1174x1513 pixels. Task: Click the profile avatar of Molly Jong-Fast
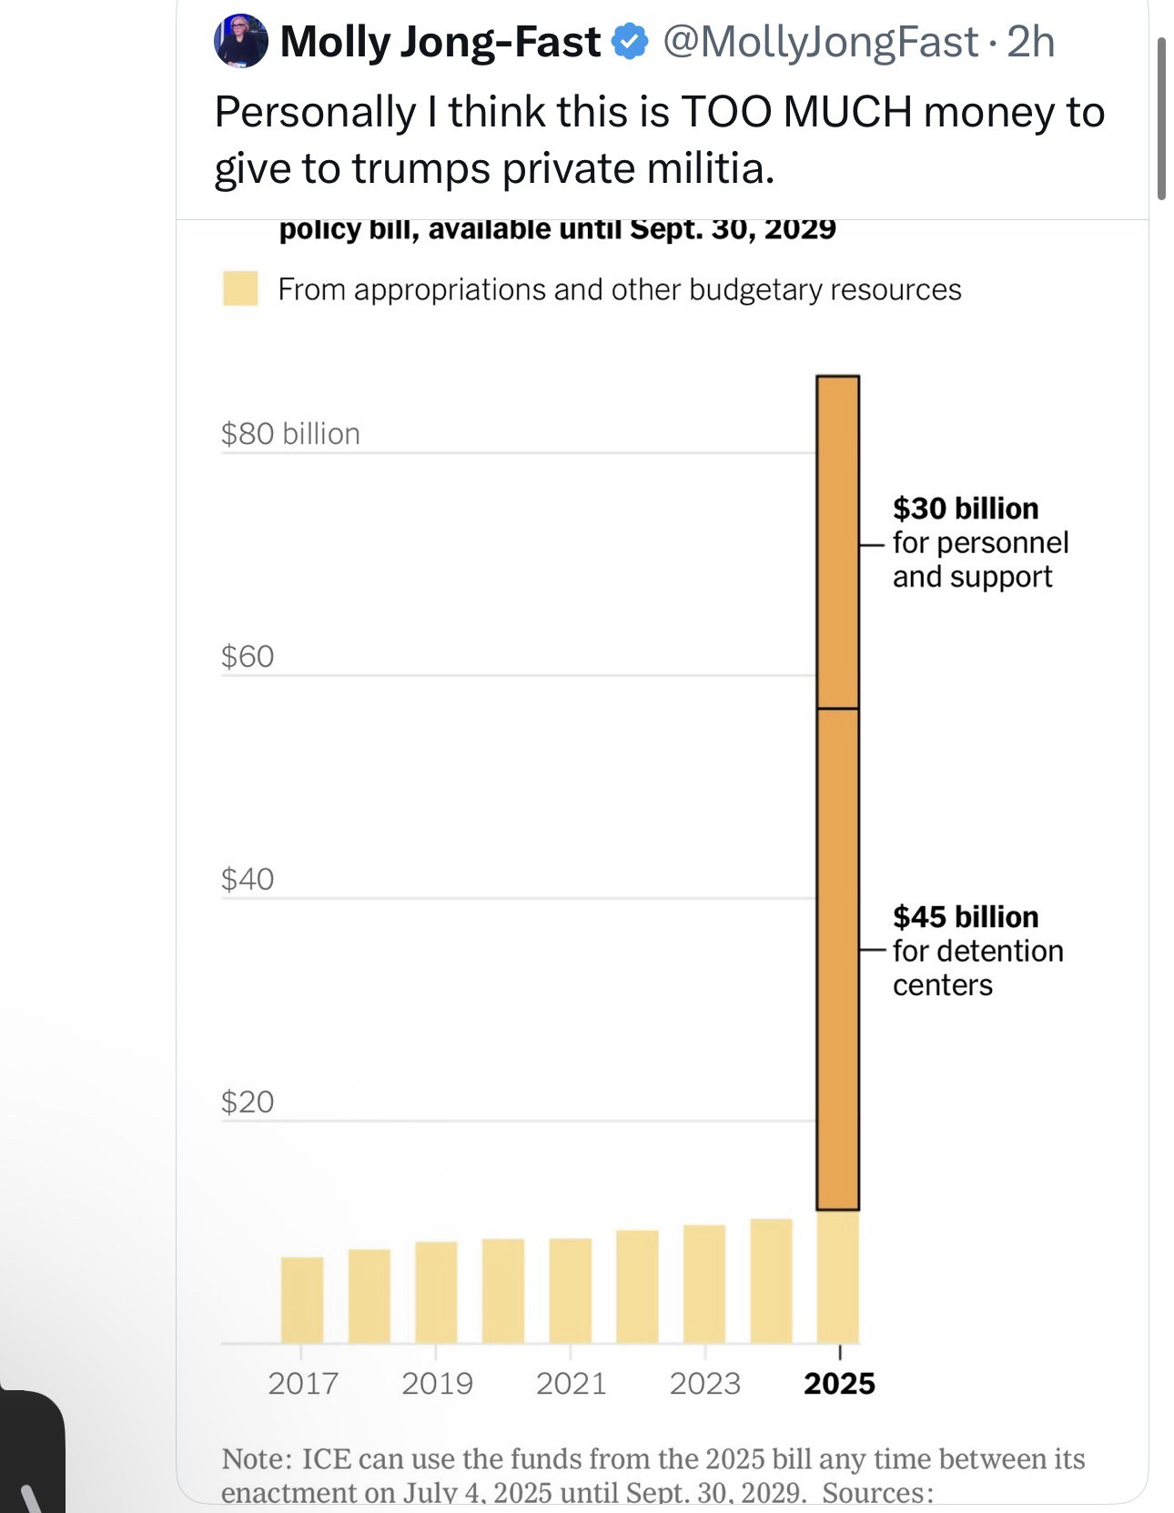(x=241, y=41)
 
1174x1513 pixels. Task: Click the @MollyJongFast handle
(x=820, y=42)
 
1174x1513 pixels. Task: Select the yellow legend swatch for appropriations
(x=240, y=288)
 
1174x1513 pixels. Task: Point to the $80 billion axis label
(x=290, y=433)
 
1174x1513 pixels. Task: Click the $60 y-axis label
(x=248, y=656)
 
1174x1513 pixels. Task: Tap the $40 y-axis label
(x=248, y=879)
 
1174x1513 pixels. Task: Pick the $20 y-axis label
(x=248, y=1102)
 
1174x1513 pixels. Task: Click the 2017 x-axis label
(x=303, y=1383)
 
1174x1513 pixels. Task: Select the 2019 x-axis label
(x=437, y=1383)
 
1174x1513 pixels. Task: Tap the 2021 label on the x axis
(x=571, y=1383)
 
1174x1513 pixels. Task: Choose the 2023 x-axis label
(x=705, y=1383)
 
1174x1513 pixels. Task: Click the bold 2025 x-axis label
(x=839, y=1383)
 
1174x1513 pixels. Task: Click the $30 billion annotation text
(x=966, y=508)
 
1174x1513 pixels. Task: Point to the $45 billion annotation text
(x=966, y=916)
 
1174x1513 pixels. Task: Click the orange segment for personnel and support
(x=837, y=541)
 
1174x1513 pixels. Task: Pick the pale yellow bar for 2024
(x=771, y=1280)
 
